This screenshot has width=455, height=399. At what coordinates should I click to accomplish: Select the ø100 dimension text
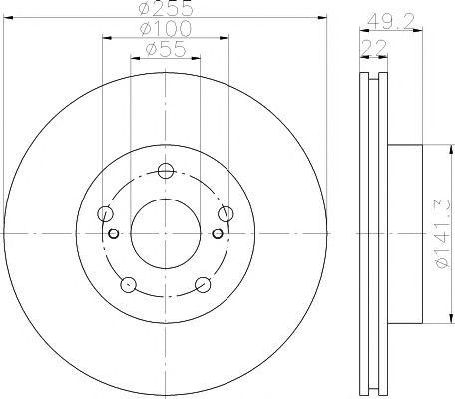(x=166, y=29)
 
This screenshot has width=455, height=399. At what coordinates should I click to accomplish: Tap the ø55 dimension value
(x=165, y=49)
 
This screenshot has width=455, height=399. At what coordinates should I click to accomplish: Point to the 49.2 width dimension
(x=391, y=22)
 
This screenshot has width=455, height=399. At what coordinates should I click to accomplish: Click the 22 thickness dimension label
(x=374, y=48)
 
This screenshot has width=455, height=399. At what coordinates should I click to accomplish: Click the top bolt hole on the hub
(x=166, y=171)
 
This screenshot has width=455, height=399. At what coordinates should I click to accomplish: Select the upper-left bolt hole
(x=105, y=213)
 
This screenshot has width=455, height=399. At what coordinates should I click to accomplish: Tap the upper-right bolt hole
(x=226, y=213)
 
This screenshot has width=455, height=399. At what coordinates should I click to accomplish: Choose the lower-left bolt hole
(x=128, y=285)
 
